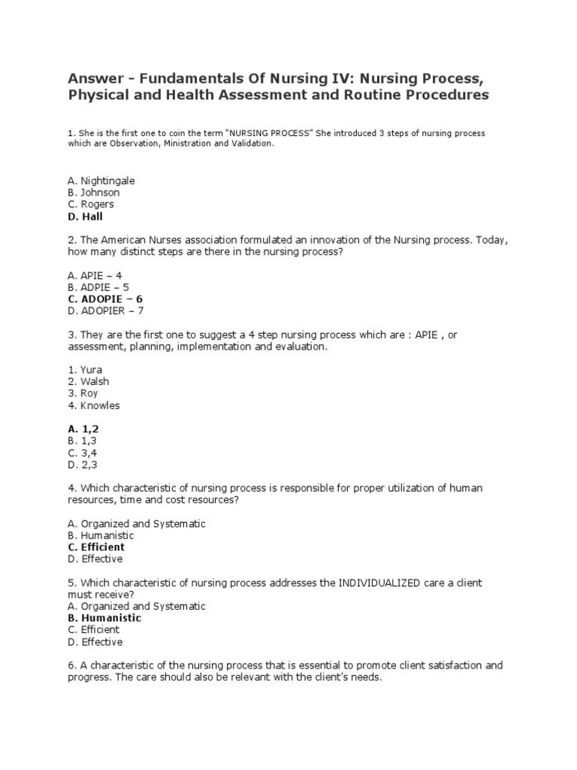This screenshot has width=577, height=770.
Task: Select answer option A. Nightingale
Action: [x=101, y=180]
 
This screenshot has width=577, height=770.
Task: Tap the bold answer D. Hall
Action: [x=84, y=217]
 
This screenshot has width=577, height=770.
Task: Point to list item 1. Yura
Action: [x=84, y=370]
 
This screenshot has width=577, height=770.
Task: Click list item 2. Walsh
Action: [x=87, y=382]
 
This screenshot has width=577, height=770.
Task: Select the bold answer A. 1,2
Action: [x=83, y=429]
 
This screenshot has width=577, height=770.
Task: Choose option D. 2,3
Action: [x=82, y=465]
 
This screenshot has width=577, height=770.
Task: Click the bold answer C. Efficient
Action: [x=95, y=547]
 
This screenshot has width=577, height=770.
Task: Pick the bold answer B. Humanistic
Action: [x=104, y=618]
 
